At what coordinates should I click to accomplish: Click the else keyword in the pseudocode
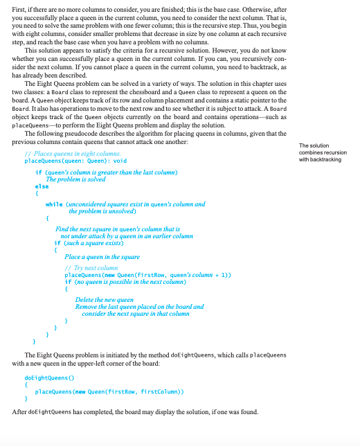41,186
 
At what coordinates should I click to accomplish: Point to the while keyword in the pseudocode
54,204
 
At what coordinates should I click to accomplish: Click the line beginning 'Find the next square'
116,228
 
